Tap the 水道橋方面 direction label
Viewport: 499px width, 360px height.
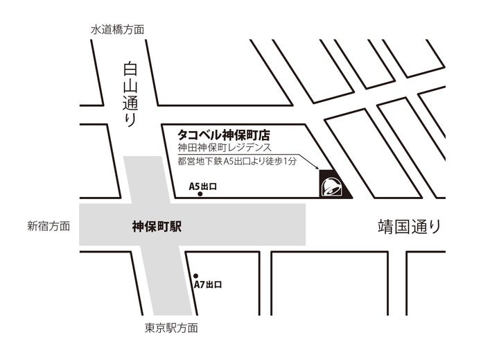pos(118,30)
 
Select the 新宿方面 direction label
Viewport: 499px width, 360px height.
pos(49,226)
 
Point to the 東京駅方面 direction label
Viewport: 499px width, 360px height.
pos(172,328)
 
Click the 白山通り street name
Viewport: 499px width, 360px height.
pos(130,94)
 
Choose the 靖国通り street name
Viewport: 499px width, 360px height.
pos(409,226)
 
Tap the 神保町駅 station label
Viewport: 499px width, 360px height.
pos(157,226)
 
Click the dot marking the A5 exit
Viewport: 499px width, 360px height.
pos(200,195)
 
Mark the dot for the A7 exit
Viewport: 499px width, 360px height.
pos(195,275)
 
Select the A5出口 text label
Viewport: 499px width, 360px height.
pos(203,186)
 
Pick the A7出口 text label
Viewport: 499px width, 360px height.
pos(207,284)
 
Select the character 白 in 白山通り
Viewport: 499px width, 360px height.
pos(130,70)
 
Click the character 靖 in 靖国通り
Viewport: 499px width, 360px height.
pos(385,226)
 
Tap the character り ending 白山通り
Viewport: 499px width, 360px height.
pos(130,119)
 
